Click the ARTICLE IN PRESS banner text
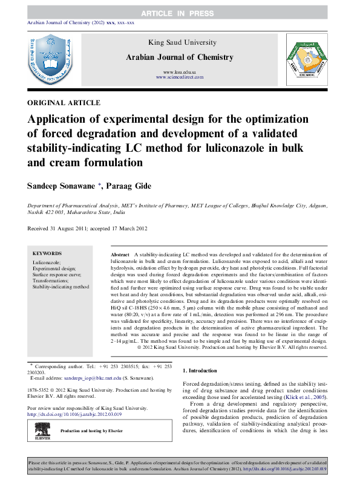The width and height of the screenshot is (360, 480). (179, 13)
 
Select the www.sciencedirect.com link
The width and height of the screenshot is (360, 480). (179, 77)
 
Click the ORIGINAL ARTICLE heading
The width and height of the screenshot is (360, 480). (64, 103)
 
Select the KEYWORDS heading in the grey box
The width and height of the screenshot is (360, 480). (47, 253)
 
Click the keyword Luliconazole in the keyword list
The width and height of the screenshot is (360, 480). (47, 263)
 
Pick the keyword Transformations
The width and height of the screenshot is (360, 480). (51, 281)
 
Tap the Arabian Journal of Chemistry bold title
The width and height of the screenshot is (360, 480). (179, 57)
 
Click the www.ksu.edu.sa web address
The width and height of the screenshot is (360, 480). (179, 72)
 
